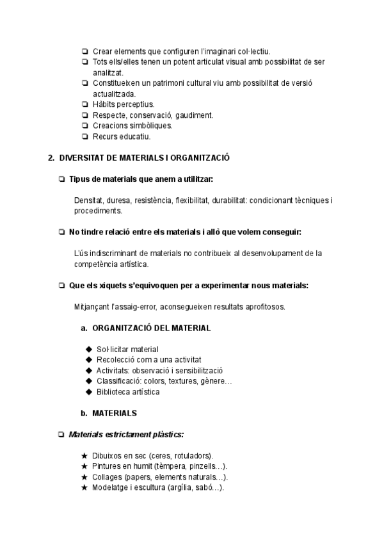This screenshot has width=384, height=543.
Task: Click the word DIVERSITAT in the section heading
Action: tap(78, 158)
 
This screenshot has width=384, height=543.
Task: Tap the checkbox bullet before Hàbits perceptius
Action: tap(85, 104)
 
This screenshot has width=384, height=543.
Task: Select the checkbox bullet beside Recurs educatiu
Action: tap(85, 136)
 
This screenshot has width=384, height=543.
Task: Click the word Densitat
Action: tap(88, 200)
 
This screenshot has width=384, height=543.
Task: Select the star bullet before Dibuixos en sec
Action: tap(84, 455)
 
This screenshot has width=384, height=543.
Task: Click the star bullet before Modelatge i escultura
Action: tap(84, 487)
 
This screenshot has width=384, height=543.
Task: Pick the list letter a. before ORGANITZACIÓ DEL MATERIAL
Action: tap(83, 328)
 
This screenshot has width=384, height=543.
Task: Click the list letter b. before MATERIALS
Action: tap(83, 413)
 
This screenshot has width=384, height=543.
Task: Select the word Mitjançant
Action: tap(92, 307)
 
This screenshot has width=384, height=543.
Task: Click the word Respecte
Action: tap(109, 115)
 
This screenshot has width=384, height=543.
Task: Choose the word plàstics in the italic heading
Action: tap(166, 434)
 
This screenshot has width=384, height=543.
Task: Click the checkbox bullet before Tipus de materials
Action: tap(61, 179)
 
